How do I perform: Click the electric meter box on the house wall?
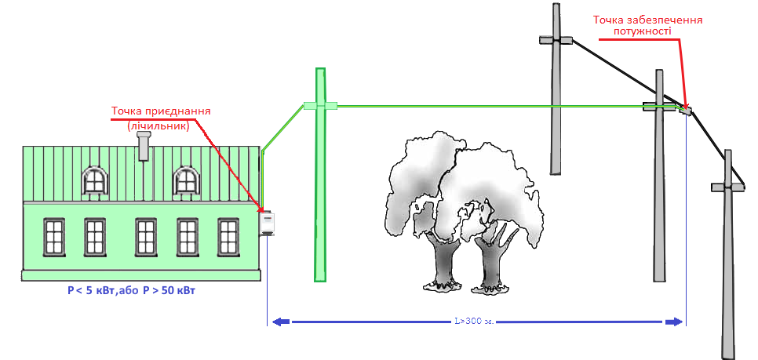pyautogui.click(x=268, y=224)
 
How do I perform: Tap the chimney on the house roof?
pyautogui.click(x=144, y=146)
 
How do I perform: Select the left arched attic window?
pyautogui.click(x=94, y=180)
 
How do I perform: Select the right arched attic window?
pyautogui.click(x=186, y=180)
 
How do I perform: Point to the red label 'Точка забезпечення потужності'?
pyautogui.click(x=647, y=26)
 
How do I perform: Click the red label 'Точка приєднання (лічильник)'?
pyautogui.click(x=161, y=118)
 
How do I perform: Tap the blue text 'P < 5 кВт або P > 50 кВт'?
pyautogui.click(x=132, y=291)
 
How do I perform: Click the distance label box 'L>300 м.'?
pyautogui.click(x=474, y=321)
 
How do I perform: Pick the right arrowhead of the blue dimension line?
pyautogui.click(x=674, y=321)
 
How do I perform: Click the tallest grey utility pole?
pyautogui.click(x=556, y=94)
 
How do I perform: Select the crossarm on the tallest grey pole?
pyautogui.click(x=556, y=38)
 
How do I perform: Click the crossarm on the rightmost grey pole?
pyautogui.click(x=729, y=187)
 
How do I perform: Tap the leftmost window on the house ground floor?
pyautogui.click(x=53, y=237)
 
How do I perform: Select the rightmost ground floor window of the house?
pyautogui.click(x=228, y=237)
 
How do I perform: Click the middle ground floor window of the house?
pyautogui.click(x=145, y=237)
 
